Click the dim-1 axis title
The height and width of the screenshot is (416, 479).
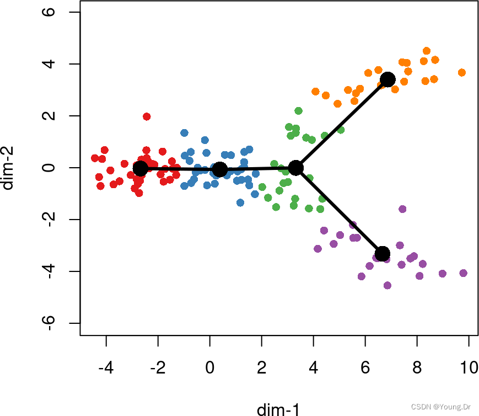[x=278, y=409]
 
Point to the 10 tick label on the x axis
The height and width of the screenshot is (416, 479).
[x=469, y=368]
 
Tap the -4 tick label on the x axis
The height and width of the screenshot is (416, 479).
[x=105, y=368]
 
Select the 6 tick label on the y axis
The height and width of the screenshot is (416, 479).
[x=51, y=12]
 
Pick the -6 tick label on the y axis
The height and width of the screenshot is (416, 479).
[x=51, y=323]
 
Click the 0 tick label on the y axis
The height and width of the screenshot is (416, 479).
[x=51, y=168]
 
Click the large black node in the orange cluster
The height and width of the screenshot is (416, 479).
[x=387, y=79]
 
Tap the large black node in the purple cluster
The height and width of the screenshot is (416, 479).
[x=383, y=253]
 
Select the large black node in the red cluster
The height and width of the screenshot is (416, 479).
[x=141, y=168]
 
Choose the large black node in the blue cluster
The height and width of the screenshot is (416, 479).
[x=220, y=169]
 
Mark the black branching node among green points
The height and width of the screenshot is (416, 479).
[x=296, y=168]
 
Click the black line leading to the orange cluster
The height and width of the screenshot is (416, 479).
[x=342, y=124]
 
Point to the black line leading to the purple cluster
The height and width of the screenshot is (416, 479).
[x=339, y=210]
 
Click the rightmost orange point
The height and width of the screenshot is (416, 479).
[x=462, y=73]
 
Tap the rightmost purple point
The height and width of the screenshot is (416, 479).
[x=464, y=273]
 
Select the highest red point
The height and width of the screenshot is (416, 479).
[x=147, y=116]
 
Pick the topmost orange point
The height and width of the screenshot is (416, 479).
[x=427, y=51]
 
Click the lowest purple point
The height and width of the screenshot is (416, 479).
[x=387, y=285]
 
